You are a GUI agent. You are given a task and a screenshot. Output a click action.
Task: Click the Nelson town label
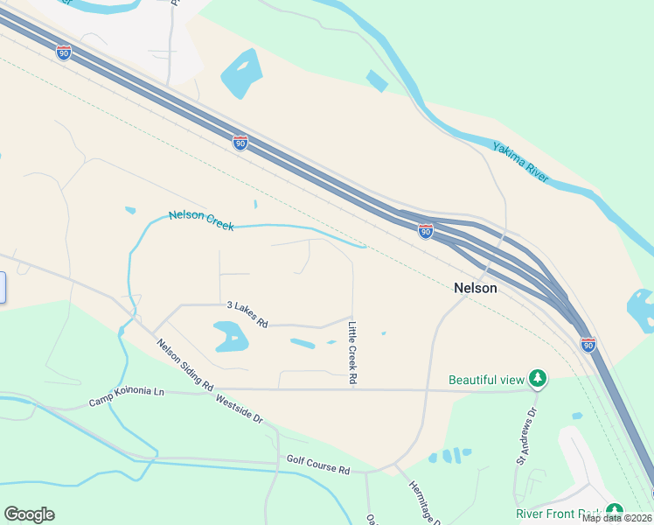click(475, 288)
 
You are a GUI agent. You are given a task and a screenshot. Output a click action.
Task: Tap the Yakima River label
click(520, 162)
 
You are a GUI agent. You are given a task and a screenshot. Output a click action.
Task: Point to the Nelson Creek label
click(201, 220)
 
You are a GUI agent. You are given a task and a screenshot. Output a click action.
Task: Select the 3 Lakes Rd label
click(247, 314)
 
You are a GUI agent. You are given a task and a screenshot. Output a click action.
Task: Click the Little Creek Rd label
click(353, 353)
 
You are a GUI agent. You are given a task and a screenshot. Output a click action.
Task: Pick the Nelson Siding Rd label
click(184, 363)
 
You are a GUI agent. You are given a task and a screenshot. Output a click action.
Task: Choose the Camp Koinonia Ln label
click(126, 399)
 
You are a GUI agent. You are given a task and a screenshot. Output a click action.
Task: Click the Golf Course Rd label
click(317, 464)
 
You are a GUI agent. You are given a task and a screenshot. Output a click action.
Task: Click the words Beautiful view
click(486, 380)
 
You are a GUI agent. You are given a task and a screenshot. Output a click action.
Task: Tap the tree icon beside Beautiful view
click(539, 378)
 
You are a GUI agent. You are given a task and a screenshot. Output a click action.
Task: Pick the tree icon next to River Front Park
click(615, 511)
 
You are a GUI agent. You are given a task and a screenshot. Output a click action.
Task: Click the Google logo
click(29, 514)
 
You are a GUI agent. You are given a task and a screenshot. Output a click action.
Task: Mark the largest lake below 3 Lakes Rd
click(229, 335)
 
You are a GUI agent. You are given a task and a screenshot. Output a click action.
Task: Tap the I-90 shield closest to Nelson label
click(425, 231)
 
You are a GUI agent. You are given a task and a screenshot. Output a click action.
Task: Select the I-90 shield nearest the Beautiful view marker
click(588, 344)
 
